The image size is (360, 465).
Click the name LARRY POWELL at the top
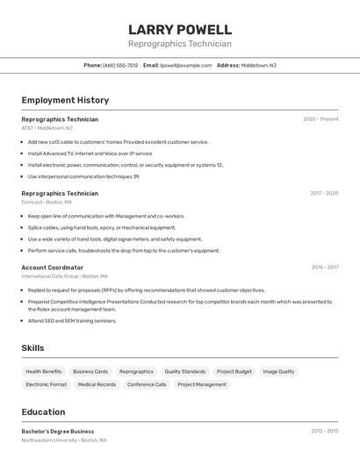[x=180, y=30]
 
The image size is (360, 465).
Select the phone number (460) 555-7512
[x=120, y=65]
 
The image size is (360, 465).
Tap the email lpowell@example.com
[x=185, y=65]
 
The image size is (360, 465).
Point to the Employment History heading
[x=65, y=100]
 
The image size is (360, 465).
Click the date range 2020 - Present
[x=320, y=119]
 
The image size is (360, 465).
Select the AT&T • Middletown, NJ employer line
[x=47, y=128]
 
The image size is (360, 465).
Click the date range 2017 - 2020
[x=324, y=193]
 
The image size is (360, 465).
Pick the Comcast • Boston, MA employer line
[x=47, y=202]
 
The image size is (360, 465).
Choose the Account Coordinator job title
[x=53, y=268]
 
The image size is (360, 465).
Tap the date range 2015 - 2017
[x=324, y=268]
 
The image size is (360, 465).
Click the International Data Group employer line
[x=65, y=276]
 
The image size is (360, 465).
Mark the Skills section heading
[x=32, y=348]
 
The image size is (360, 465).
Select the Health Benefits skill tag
[x=44, y=371]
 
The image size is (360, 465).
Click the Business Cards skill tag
[x=90, y=371]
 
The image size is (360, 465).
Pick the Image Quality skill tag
[x=279, y=371]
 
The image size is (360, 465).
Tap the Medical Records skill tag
[x=97, y=384]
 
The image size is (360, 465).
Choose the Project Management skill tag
[x=202, y=384]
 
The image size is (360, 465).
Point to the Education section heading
[x=43, y=412]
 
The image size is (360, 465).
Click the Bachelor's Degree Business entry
[x=58, y=432]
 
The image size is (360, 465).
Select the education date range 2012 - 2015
[x=324, y=432]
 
